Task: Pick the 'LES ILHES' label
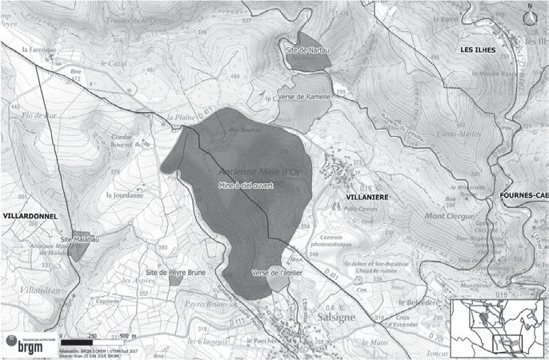coord(479,50)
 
